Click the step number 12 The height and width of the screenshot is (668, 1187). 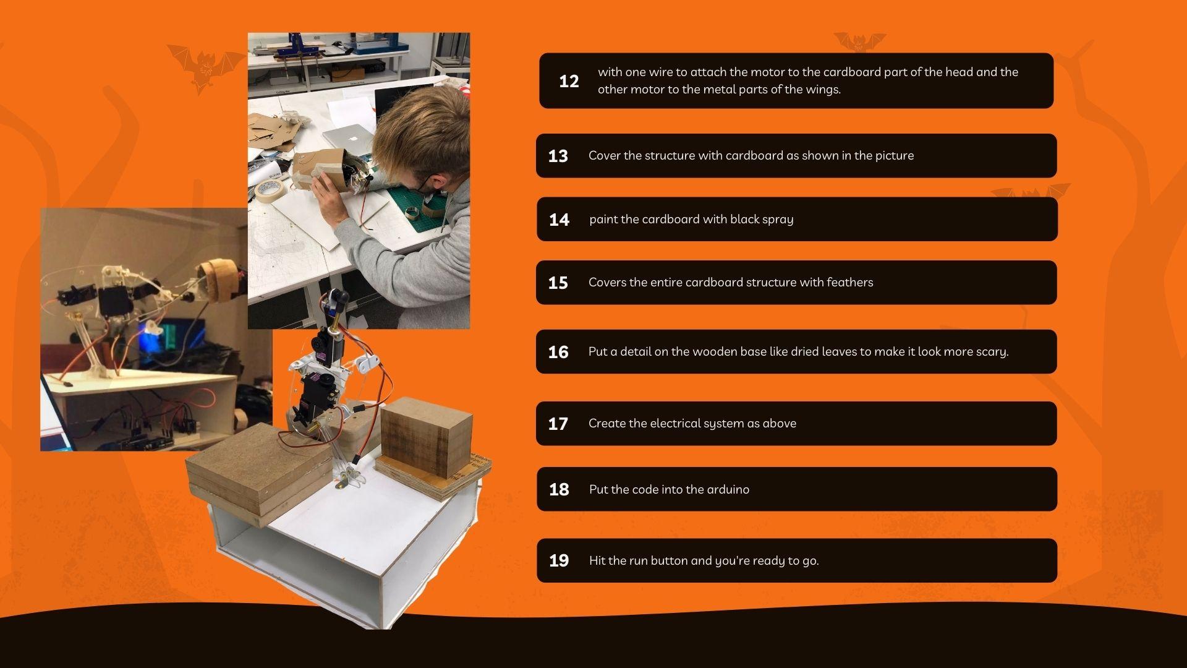coord(569,81)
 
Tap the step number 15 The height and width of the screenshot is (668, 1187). coord(558,283)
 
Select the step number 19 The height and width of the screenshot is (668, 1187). coord(559,560)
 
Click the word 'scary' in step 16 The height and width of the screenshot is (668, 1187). coord(992,352)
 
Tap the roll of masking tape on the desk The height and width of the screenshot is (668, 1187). coord(270,191)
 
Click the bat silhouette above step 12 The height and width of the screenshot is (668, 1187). coord(859,42)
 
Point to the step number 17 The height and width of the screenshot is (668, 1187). coord(558,424)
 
